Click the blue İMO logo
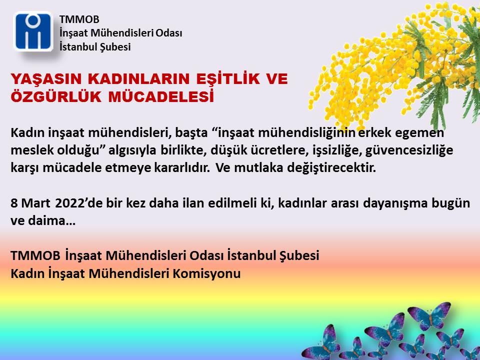33,31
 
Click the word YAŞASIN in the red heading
46,79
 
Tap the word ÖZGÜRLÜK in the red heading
56,96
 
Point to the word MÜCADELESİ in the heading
161,96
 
